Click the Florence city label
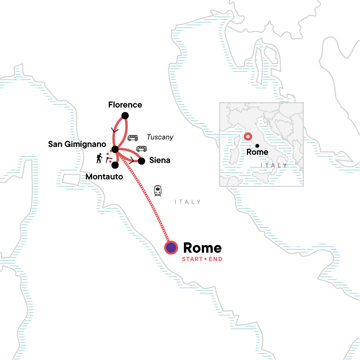pyautogui.click(x=125, y=105)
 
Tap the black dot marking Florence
pyautogui.click(x=125, y=115)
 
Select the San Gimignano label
pyautogui.click(x=77, y=144)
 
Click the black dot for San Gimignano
pyautogui.click(x=115, y=149)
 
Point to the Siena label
pyautogui.click(x=160, y=160)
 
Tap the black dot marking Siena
pyautogui.click(x=141, y=161)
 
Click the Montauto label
pyautogui.click(x=104, y=177)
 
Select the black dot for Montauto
pyautogui.click(x=115, y=165)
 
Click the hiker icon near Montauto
pyautogui.click(x=99, y=158)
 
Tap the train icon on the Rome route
pyautogui.click(x=158, y=191)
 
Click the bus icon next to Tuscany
pyautogui.click(x=133, y=138)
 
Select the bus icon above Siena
pyautogui.click(x=142, y=149)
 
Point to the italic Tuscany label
pyautogui.click(x=160, y=137)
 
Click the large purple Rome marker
pyautogui.click(x=171, y=248)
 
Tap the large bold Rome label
pyautogui.click(x=202, y=248)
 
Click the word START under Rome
pyautogui.click(x=192, y=259)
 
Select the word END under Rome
pyautogui.click(x=215, y=259)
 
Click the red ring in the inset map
pyautogui.click(x=248, y=137)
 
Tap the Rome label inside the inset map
pyautogui.click(x=257, y=152)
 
